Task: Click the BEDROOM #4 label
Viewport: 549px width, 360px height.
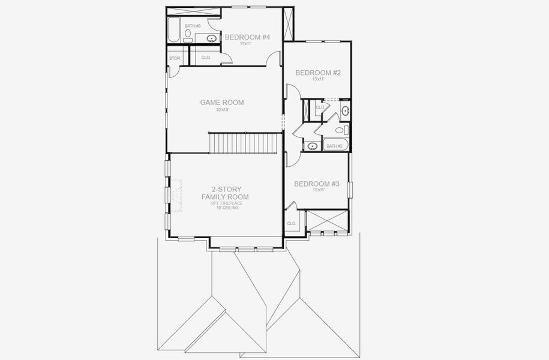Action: click(247, 37)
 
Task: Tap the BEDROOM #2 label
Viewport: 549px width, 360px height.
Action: click(318, 73)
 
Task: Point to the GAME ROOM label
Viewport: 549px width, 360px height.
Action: click(222, 103)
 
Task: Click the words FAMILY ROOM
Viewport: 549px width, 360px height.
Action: click(225, 197)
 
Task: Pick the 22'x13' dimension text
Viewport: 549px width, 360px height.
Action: click(222, 110)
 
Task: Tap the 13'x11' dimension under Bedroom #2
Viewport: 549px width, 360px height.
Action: click(318, 79)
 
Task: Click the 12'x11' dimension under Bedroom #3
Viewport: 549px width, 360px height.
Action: click(317, 190)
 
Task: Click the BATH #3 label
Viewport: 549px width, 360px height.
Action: click(193, 26)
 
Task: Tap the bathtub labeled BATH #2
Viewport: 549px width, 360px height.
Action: click(334, 145)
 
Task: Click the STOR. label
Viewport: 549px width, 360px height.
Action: click(175, 58)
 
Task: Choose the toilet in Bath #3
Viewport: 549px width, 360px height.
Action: click(188, 37)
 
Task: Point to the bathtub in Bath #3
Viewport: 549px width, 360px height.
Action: click(173, 31)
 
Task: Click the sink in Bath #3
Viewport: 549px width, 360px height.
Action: click(211, 39)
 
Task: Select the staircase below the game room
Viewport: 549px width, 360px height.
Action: click(245, 143)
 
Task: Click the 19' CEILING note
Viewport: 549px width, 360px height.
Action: click(225, 208)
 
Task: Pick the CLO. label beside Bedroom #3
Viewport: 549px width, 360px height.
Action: click(292, 223)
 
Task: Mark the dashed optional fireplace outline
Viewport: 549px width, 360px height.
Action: click(176, 196)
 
